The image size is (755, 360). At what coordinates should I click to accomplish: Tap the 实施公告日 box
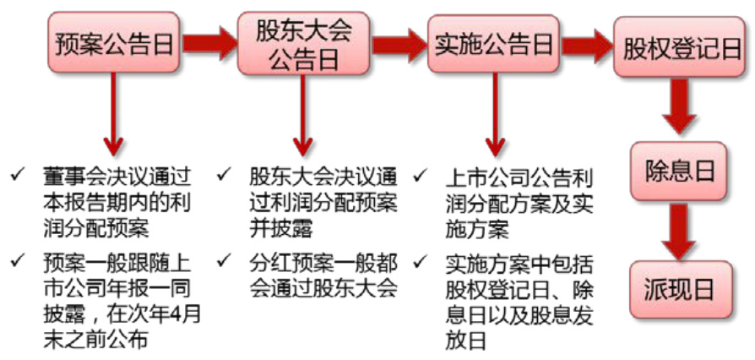point(492,43)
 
